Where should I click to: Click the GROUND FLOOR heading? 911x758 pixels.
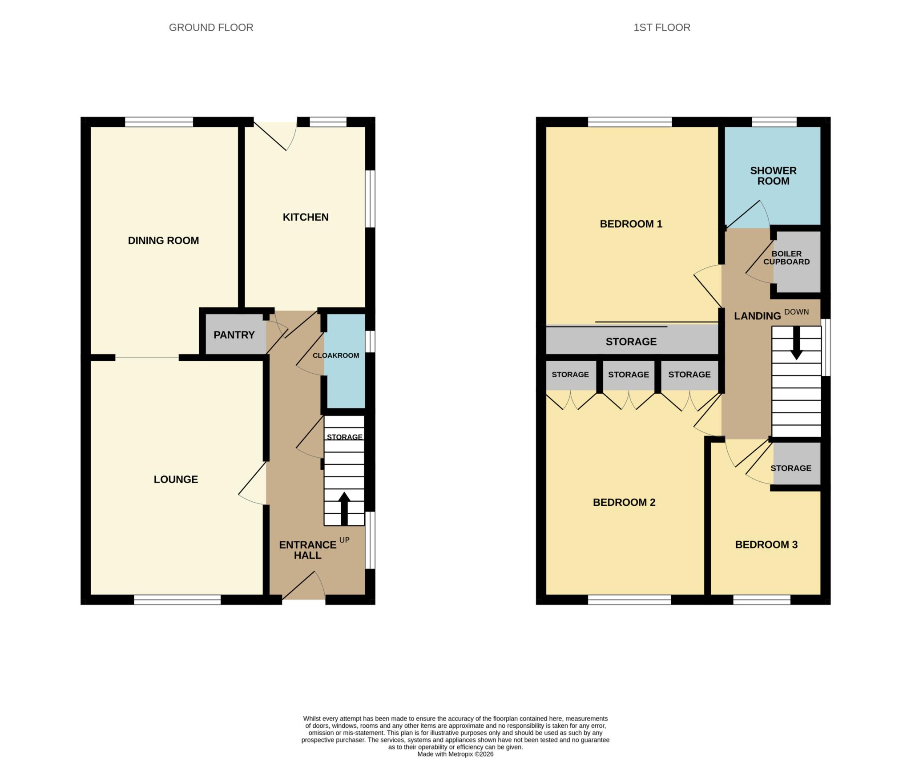click(x=211, y=28)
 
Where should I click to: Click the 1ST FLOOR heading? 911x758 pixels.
click(x=662, y=28)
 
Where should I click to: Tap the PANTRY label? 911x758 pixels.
click(x=234, y=335)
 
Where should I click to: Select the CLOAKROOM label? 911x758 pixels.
click(x=336, y=355)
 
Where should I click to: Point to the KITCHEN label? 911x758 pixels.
click(x=306, y=217)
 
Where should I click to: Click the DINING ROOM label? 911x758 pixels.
click(x=163, y=241)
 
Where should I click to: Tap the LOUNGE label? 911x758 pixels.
click(x=176, y=480)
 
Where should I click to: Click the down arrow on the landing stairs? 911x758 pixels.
click(x=796, y=343)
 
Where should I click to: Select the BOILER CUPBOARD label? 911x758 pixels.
click(x=786, y=258)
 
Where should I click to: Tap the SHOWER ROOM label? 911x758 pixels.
click(x=773, y=176)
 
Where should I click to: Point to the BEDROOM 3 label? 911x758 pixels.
click(x=766, y=544)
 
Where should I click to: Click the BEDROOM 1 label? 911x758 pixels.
click(x=631, y=224)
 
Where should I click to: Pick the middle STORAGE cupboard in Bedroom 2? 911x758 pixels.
click(x=628, y=375)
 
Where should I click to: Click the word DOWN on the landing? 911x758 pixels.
click(x=796, y=312)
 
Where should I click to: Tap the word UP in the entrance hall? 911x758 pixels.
click(x=344, y=540)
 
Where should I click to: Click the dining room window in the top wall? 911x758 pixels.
click(x=159, y=121)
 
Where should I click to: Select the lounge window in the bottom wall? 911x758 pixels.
click(x=177, y=600)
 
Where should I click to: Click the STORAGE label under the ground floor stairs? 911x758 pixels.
click(x=345, y=437)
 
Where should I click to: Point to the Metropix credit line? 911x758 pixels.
click(x=455, y=754)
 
